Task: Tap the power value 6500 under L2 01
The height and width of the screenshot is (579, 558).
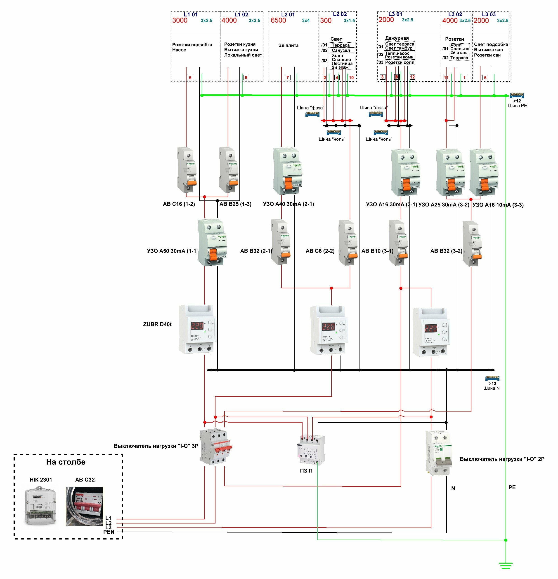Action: (278, 20)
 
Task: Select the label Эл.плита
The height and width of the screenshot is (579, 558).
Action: (288, 45)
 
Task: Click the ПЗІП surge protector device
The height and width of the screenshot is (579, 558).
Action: (311, 450)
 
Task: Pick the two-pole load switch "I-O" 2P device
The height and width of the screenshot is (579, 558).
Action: (439, 453)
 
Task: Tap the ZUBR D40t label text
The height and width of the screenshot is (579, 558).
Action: (157, 324)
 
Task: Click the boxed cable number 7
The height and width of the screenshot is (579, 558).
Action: (287, 77)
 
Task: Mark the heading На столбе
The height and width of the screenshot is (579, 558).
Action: (66, 462)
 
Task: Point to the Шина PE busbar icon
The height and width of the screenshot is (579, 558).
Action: (517, 95)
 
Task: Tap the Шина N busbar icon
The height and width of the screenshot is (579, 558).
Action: (492, 378)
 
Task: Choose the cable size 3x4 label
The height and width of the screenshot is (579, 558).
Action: (306, 20)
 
